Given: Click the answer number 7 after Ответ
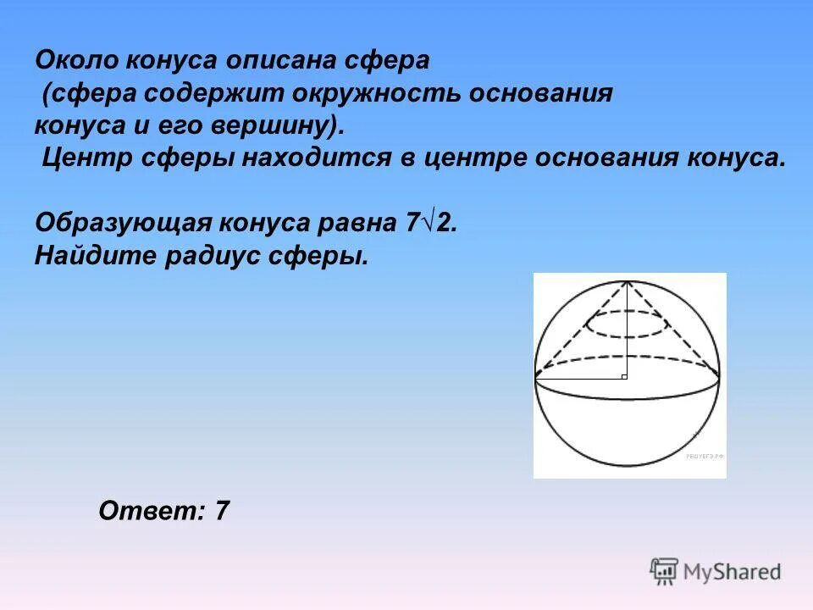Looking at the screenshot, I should tap(222, 511).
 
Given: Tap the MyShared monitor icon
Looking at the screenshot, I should tap(664, 570).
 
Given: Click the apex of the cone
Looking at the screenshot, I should tap(628, 281).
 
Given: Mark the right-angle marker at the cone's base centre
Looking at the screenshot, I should tap(624, 374).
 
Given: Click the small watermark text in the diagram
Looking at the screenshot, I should tap(705, 456).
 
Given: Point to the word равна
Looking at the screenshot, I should tap(350, 223).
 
